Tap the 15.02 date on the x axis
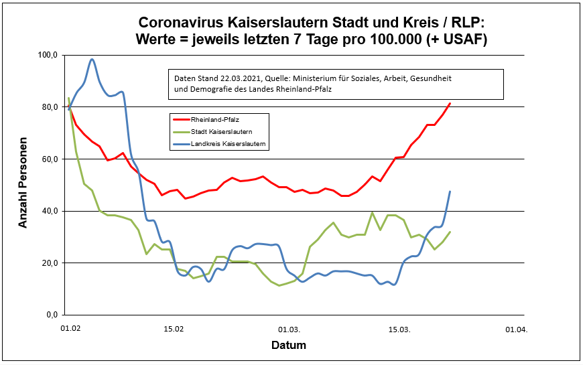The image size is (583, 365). point(174,330)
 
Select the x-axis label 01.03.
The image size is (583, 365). point(289,330)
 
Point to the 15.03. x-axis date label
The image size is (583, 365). point(400,330)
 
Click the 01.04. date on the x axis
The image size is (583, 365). point(515,330)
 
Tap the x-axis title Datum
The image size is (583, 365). point(289,346)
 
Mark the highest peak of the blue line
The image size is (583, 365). point(92,60)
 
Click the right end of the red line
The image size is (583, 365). point(450,104)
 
